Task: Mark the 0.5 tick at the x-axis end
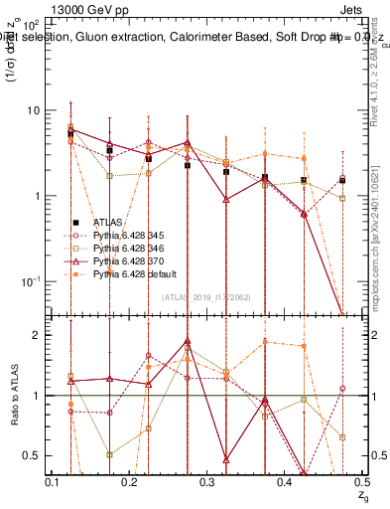[361, 482]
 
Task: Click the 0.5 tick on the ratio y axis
[36, 455]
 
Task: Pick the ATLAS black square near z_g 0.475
[341, 180]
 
